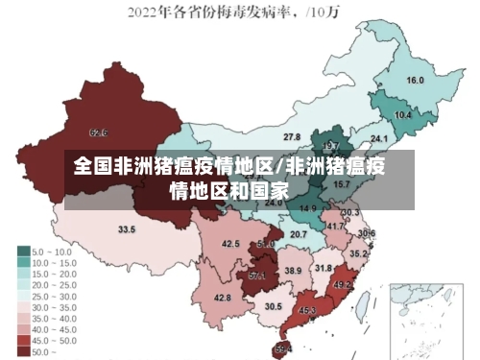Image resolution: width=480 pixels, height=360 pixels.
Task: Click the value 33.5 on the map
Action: (x=127, y=229)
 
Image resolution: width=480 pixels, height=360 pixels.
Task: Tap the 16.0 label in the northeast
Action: (x=416, y=81)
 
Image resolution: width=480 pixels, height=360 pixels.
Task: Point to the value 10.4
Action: (x=403, y=115)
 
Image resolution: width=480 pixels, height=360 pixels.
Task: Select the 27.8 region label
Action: (x=292, y=137)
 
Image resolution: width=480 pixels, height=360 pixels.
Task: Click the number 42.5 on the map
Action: (x=230, y=244)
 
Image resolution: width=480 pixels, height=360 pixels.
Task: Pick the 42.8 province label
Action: (x=223, y=298)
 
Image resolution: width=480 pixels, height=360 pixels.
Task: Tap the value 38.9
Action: (x=293, y=272)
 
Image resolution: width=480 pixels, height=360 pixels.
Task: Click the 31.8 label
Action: (x=324, y=268)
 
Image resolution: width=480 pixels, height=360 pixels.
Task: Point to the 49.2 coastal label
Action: (x=343, y=284)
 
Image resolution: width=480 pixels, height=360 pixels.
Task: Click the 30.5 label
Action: (x=274, y=306)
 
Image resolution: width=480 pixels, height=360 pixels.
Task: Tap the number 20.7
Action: (x=299, y=234)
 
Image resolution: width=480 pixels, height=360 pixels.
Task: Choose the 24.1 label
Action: (x=394, y=141)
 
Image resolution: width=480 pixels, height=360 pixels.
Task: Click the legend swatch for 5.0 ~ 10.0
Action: (x=23, y=252)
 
